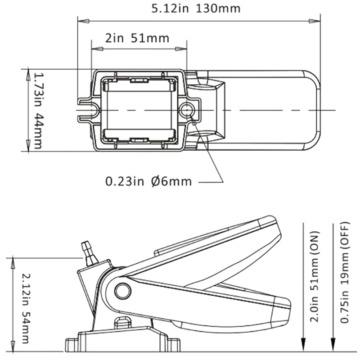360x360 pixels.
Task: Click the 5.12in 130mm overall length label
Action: tap(196, 9)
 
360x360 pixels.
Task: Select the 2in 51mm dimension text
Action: tap(137, 38)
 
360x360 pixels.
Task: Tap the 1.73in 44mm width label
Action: tap(38, 111)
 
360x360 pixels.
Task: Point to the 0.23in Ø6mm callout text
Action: tap(148, 181)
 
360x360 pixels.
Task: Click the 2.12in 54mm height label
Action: tap(25, 308)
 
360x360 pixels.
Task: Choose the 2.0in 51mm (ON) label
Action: tap(314, 276)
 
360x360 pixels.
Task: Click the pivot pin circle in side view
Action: tap(123, 291)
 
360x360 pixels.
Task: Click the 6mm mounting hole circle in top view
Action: tap(187, 110)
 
